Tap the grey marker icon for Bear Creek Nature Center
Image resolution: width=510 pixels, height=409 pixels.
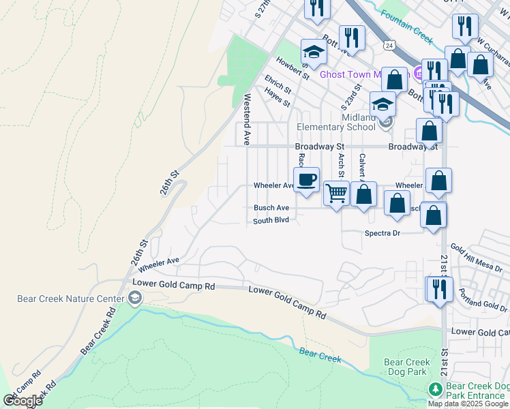(135, 297)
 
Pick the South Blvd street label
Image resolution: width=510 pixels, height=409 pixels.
(271, 221)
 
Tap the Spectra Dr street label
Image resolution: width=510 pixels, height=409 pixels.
(382, 233)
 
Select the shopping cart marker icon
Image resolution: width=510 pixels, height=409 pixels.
(336, 193)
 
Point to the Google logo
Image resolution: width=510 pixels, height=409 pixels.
(22, 401)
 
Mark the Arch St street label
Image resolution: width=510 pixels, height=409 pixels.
(342, 164)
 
